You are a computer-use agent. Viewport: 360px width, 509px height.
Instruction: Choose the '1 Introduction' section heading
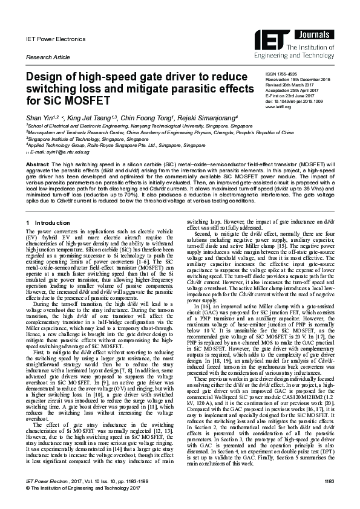click(x=49, y=224)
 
